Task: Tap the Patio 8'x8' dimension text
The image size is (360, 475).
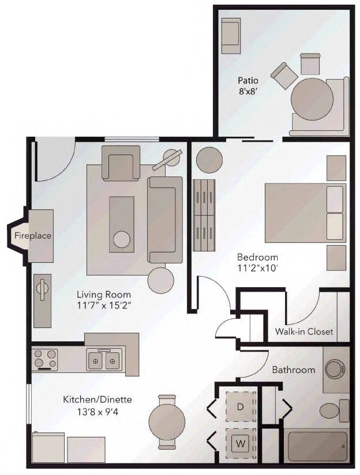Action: (x=246, y=91)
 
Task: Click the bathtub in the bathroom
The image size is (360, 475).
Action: (x=318, y=446)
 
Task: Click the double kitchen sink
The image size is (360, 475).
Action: (x=104, y=361)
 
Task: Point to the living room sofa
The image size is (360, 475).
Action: (x=165, y=219)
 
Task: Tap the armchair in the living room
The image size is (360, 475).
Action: (x=121, y=162)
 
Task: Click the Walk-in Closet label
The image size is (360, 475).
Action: (x=303, y=331)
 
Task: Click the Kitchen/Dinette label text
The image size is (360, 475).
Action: (x=97, y=399)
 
